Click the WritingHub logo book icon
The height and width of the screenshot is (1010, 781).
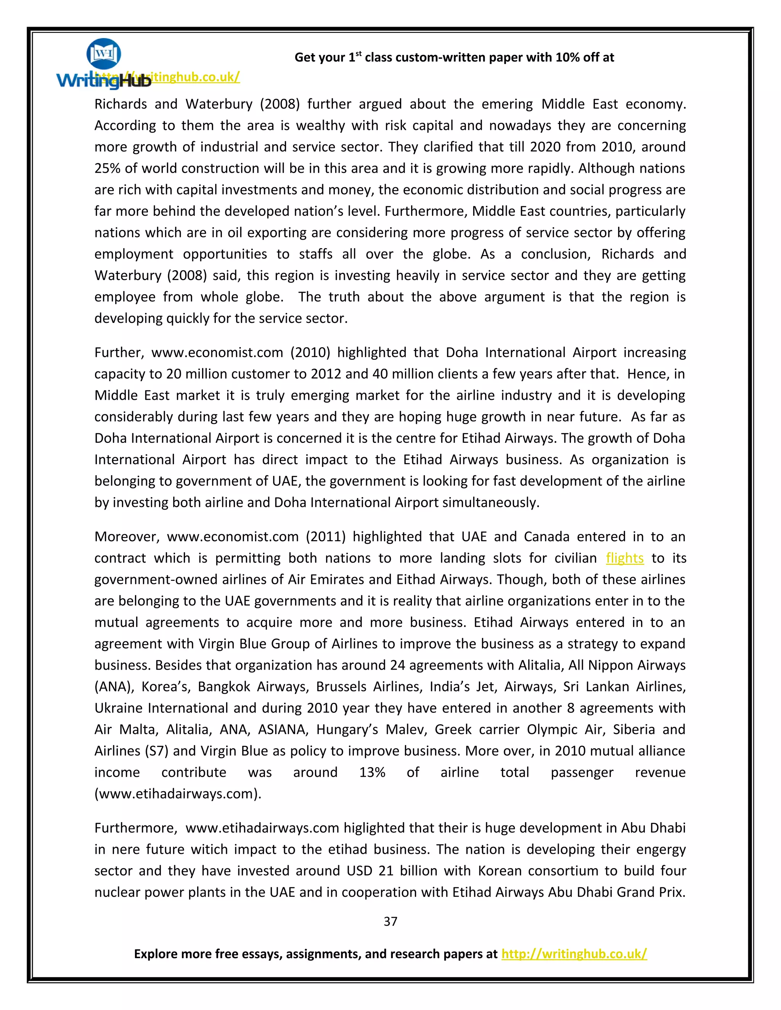pos(104,54)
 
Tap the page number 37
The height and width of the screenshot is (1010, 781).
pos(390,922)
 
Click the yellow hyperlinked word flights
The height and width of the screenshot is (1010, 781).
pos(624,558)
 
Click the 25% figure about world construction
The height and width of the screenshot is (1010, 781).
pos(107,168)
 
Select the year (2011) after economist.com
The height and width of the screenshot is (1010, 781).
pos(325,537)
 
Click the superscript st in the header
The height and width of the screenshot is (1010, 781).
pos(358,54)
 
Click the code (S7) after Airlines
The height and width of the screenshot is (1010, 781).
pos(156,751)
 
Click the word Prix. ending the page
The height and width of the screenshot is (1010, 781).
pos(672,892)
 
